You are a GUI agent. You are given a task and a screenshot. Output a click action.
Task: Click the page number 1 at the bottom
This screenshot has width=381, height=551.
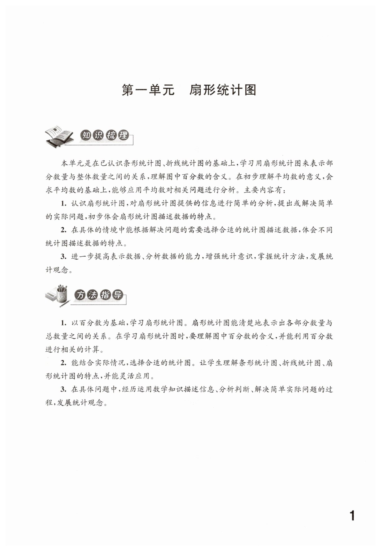(x=352, y=516)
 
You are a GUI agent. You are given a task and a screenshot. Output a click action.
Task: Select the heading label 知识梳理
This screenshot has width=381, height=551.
(x=104, y=136)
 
